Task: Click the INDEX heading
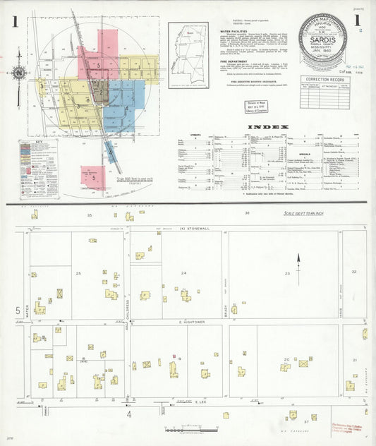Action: tap(268, 128)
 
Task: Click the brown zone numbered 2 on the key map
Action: tap(101, 91)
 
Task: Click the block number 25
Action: tap(79, 272)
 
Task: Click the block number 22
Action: tap(354, 271)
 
